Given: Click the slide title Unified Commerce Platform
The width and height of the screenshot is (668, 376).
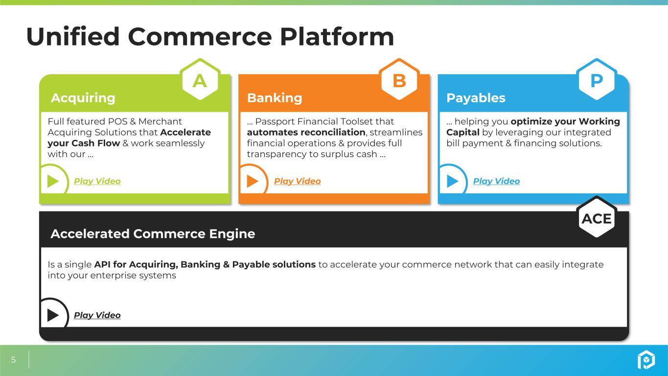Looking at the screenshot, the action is tap(210, 36).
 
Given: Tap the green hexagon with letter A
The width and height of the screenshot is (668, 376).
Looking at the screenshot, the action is tap(200, 80).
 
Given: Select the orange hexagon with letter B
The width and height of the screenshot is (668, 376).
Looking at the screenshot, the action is tap(399, 80).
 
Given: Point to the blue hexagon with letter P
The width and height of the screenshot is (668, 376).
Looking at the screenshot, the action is tap(597, 80).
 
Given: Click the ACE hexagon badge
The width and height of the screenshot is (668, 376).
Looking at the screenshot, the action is tap(597, 217).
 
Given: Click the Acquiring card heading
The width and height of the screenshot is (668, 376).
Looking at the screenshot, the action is tap(83, 98).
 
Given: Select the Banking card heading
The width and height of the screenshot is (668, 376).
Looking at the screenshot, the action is tap(275, 98).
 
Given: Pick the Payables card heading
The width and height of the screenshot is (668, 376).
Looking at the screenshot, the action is tap(476, 98).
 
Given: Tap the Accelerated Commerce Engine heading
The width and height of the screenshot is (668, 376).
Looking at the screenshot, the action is tap(153, 234).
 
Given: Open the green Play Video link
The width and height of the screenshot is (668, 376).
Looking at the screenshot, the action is tap(97, 181).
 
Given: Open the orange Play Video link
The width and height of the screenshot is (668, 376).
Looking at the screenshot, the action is tap(298, 181).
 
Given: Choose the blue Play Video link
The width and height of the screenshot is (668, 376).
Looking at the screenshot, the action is tap(497, 181).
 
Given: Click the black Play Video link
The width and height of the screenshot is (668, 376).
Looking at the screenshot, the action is tap(97, 315).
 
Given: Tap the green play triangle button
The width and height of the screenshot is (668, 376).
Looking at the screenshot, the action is tap(53, 181).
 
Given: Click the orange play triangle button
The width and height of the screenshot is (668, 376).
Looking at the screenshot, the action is tap(253, 181).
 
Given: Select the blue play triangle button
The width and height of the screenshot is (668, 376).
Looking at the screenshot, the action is tap(452, 181).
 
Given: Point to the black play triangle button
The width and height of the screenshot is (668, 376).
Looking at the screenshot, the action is tap(53, 315).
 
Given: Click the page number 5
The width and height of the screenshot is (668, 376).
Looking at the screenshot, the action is tap(13, 359).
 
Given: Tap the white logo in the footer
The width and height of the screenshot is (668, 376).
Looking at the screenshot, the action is tap(646, 360).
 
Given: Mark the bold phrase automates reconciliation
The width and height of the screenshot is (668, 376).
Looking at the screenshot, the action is tap(306, 132).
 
